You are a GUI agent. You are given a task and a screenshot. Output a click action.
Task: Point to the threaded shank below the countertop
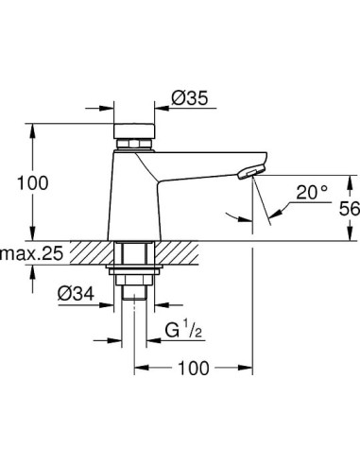click(x=135, y=255)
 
